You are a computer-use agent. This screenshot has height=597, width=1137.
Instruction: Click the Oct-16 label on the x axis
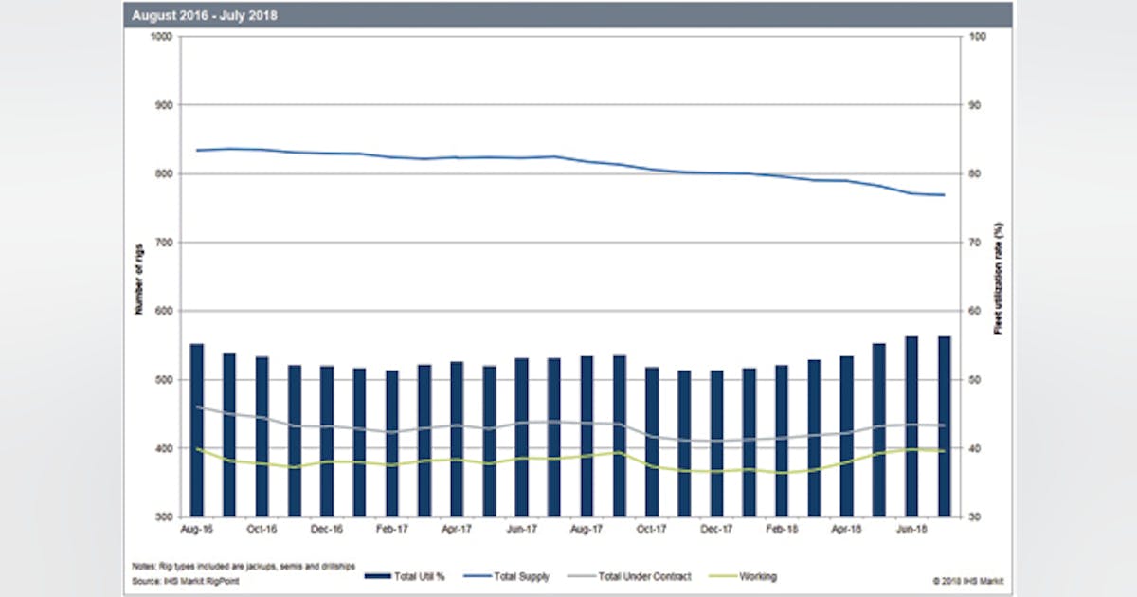click(262, 529)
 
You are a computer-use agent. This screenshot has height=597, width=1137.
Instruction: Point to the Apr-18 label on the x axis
click(847, 529)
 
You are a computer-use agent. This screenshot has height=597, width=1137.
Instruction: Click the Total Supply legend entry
click(514, 577)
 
